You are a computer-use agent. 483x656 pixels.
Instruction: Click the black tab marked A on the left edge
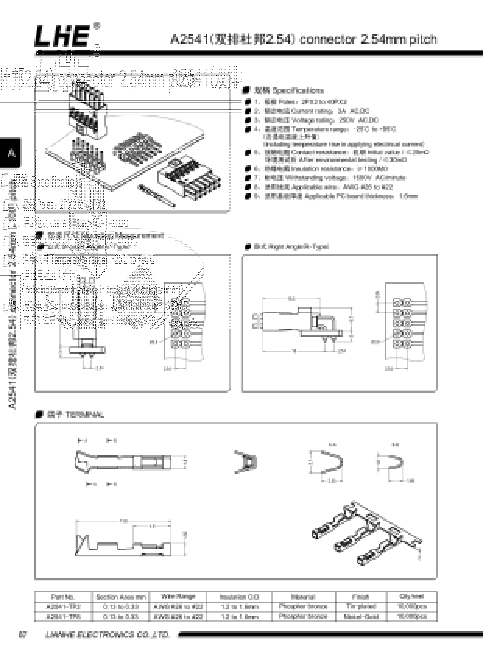11,153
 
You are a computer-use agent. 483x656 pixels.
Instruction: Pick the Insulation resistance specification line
326,169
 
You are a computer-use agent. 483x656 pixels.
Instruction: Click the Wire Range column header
178,596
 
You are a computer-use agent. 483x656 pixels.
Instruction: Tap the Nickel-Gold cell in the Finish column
361,616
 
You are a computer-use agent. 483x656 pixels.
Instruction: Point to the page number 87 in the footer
23,635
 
